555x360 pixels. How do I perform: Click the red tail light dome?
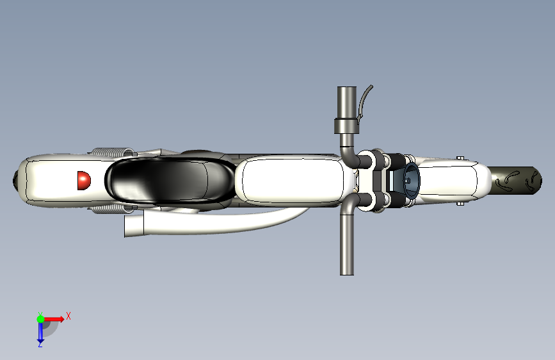(x=84, y=181)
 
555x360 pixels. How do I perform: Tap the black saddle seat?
(x=170, y=181)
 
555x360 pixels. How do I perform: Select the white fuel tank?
(x=289, y=181)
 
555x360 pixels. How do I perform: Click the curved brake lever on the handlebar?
(x=364, y=102)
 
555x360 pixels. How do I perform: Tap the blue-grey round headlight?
(x=412, y=181)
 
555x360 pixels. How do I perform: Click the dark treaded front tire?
(x=515, y=180)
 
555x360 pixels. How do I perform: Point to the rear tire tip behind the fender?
(x=15, y=181)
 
